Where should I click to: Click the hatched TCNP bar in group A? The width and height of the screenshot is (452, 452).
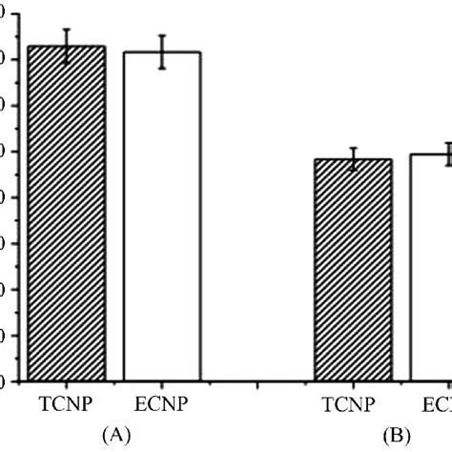point(66,215)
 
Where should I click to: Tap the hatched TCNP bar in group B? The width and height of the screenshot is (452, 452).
point(353,272)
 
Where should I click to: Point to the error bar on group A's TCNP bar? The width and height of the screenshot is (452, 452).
point(66,46)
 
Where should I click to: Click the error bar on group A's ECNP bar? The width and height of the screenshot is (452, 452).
point(162,51)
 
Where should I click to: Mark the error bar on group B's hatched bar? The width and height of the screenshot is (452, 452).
point(353,159)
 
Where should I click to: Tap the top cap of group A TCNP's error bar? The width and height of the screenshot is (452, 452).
point(66,29)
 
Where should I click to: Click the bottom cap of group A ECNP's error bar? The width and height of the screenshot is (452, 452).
point(162,69)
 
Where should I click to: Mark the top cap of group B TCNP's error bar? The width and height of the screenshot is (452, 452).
point(353,148)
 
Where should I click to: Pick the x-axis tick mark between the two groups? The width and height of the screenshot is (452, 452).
point(257,386)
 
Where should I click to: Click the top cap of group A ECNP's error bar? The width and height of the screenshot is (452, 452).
point(162,35)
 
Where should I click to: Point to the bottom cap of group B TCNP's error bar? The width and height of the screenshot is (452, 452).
point(353,171)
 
